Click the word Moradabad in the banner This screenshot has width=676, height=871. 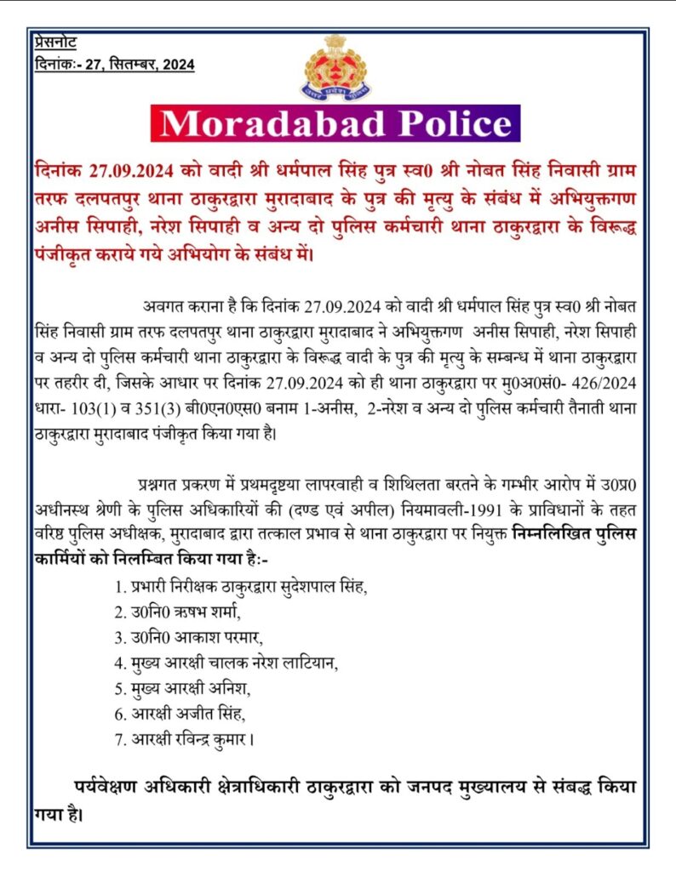(x=272, y=124)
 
